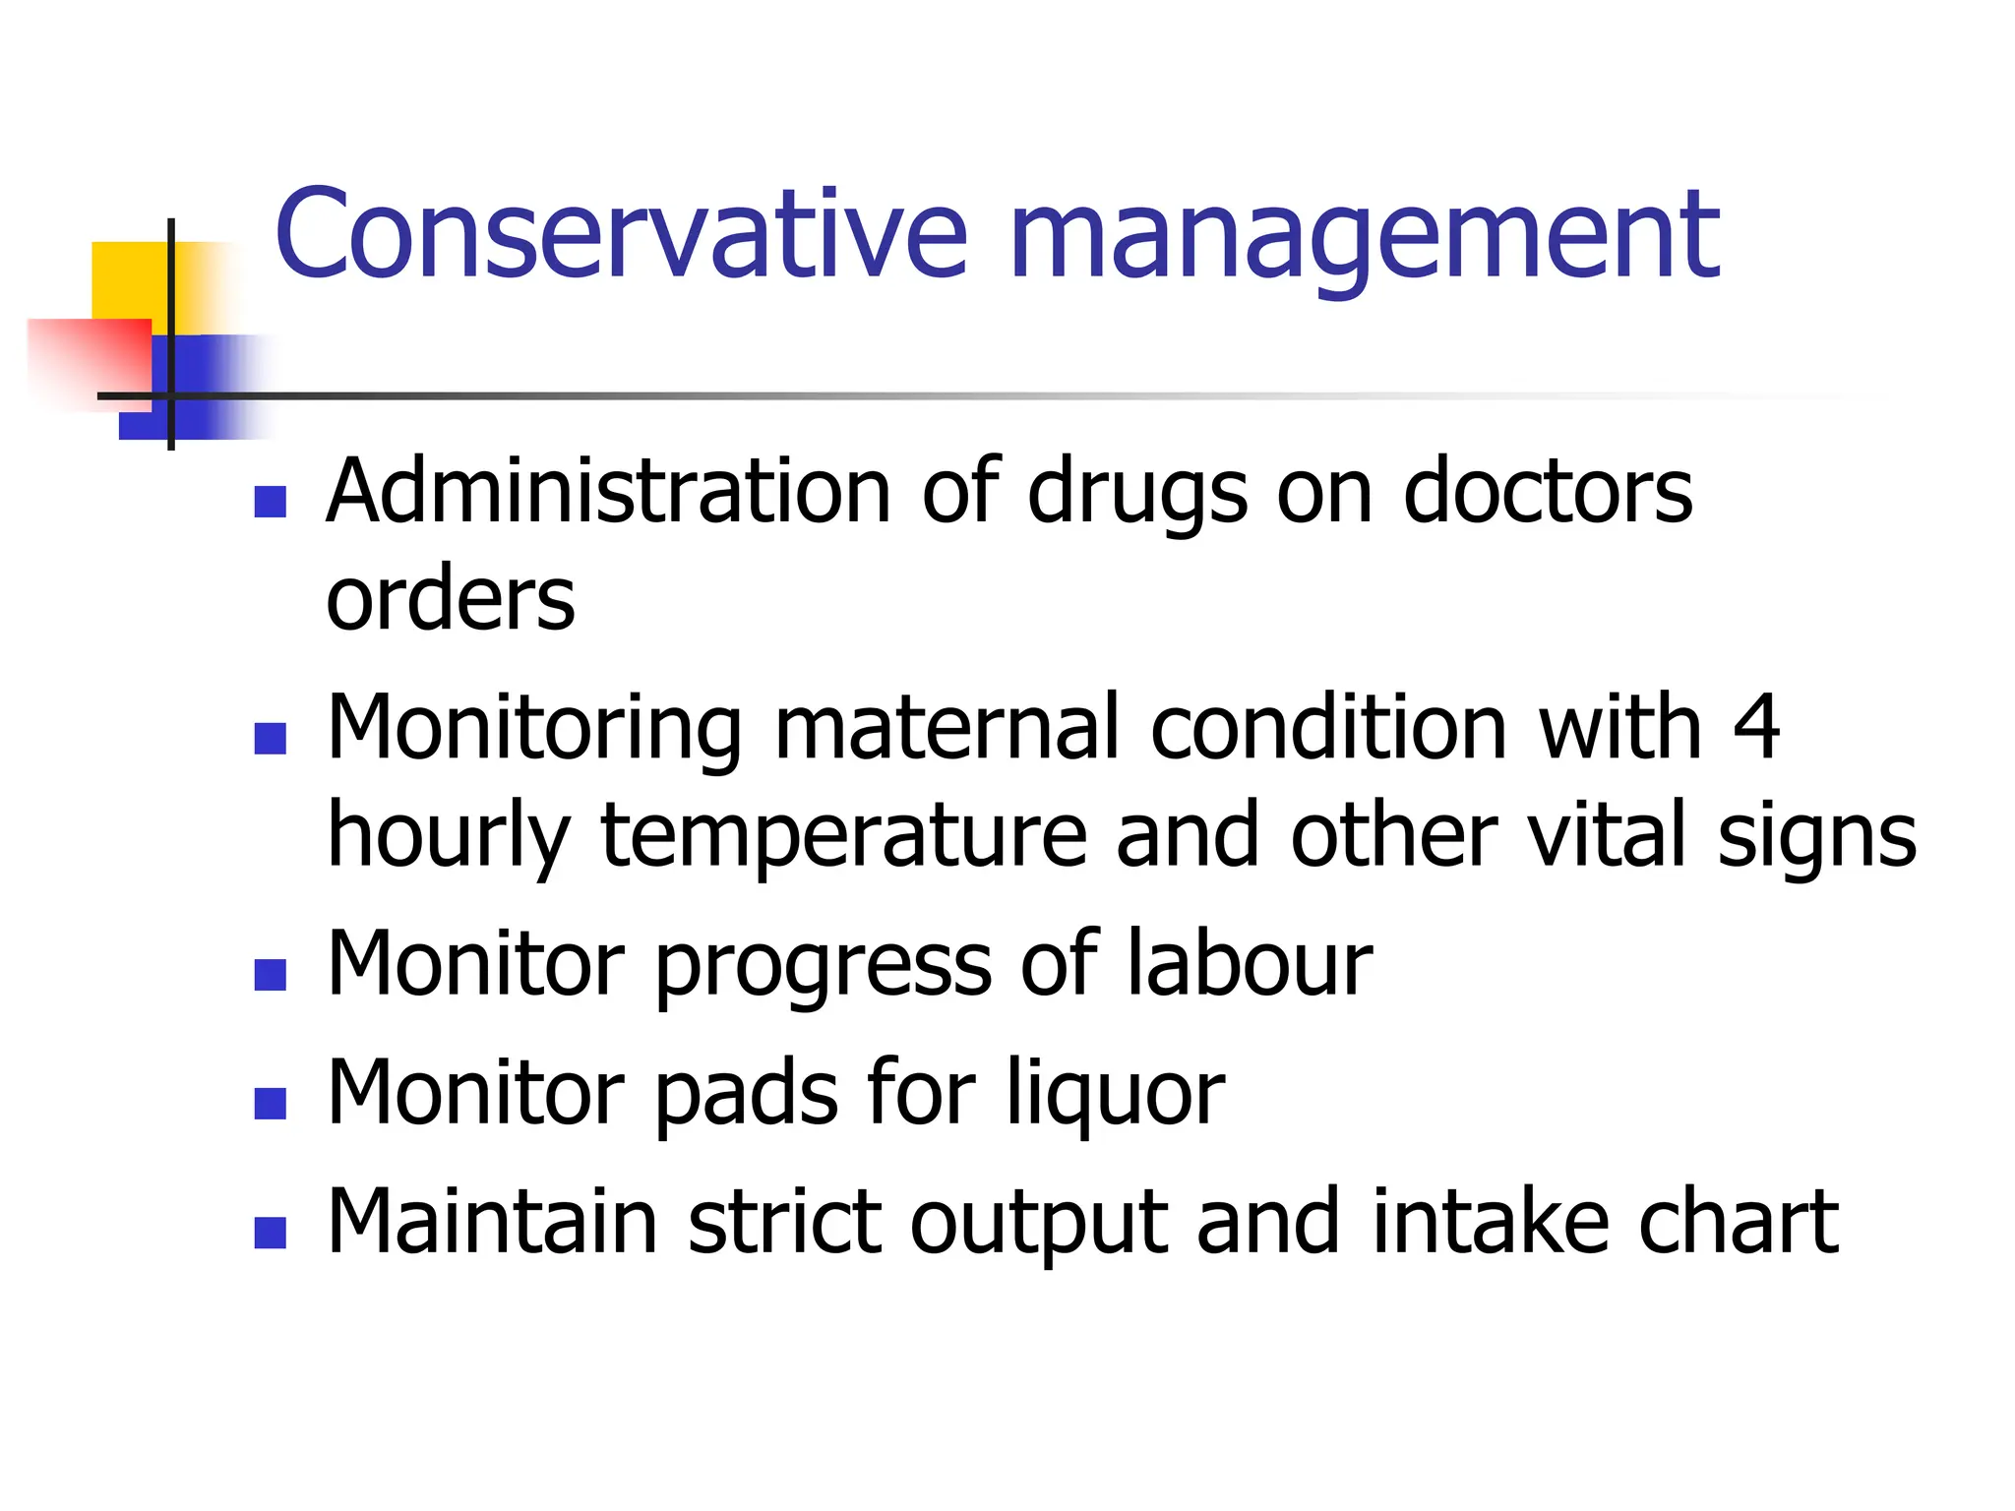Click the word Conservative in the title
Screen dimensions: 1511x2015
coord(620,235)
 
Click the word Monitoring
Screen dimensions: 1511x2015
coord(534,731)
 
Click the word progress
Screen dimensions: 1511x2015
coord(823,968)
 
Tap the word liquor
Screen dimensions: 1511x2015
coord(1116,1096)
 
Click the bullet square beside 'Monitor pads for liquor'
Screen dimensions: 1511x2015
coord(270,1103)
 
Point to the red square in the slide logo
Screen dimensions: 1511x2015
coord(93,359)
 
